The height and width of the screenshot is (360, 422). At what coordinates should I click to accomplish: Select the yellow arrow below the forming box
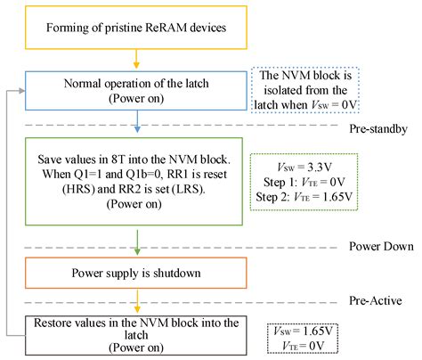click(136, 59)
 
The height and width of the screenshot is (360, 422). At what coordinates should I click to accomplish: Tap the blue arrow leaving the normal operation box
click(137, 121)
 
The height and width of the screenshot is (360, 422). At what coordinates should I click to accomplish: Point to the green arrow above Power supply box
click(137, 242)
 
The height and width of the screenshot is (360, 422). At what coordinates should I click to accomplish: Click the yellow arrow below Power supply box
click(137, 300)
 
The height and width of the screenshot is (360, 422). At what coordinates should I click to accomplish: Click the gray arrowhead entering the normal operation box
click(22, 91)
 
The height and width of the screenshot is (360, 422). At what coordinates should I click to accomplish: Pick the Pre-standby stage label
click(378, 129)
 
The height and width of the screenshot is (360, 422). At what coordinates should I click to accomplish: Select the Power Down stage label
click(381, 247)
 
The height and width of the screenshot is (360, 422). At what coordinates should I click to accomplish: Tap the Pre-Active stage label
click(376, 301)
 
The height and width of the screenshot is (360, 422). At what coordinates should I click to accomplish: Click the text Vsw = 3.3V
click(304, 168)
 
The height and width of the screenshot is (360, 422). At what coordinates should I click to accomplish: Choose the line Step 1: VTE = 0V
click(304, 182)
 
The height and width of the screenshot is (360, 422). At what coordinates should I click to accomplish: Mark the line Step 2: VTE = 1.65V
click(304, 197)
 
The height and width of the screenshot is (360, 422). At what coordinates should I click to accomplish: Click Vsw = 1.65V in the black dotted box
click(303, 331)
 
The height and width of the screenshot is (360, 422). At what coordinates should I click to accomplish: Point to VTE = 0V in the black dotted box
click(303, 346)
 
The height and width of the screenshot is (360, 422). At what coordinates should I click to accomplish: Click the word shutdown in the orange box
click(177, 273)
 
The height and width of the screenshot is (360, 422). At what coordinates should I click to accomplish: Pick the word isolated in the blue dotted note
click(283, 90)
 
